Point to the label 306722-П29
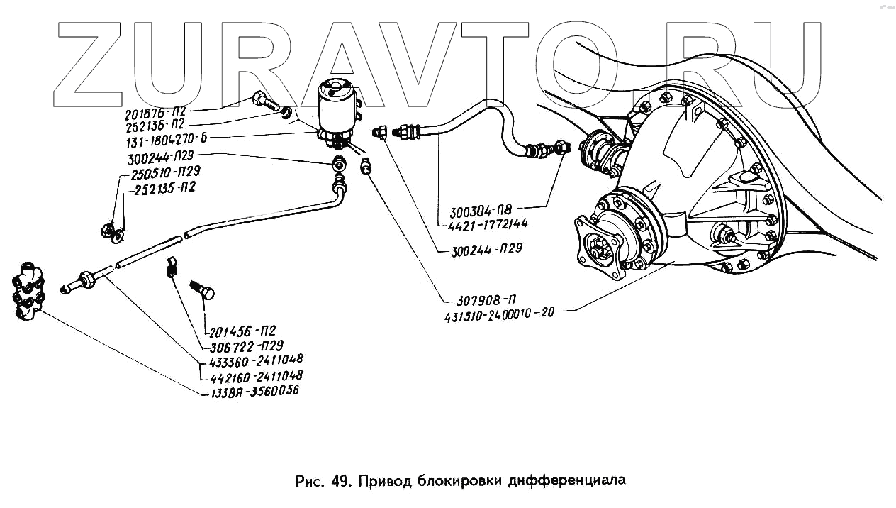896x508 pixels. [247, 346]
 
